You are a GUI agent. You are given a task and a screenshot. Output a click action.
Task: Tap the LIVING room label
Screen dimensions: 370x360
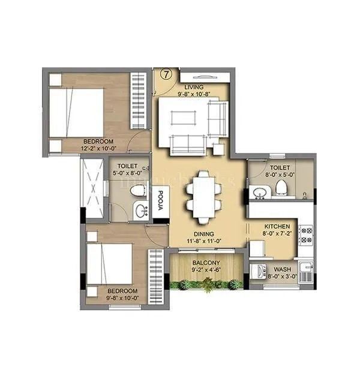(x=193, y=87)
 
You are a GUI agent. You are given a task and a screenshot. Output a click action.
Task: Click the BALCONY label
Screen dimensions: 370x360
(x=205, y=263)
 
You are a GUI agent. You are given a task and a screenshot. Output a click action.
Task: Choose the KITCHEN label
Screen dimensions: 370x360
(x=278, y=227)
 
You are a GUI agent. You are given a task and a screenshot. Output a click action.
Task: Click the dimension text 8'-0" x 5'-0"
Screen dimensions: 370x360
(x=280, y=176)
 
